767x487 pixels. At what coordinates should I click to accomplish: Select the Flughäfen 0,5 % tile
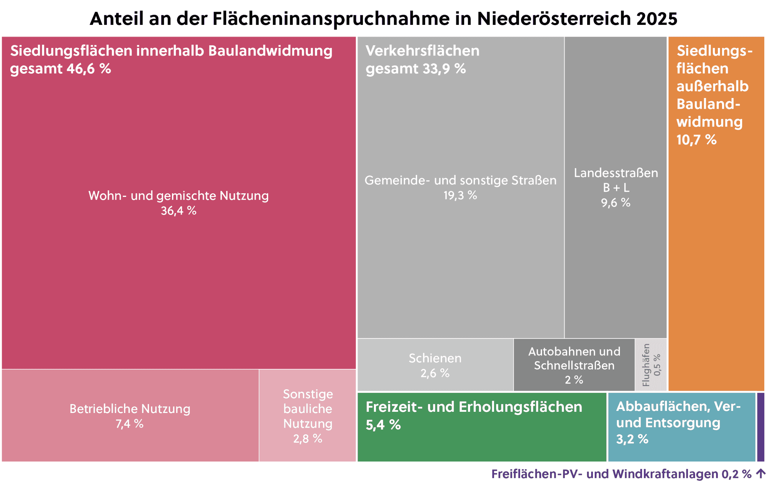pyautogui.click(x=650, y=365)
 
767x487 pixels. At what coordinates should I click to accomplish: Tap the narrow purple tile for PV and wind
pyautogui.click(x=760, y=427)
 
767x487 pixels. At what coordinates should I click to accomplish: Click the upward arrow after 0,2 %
pyautogui.click(x=761, y=474)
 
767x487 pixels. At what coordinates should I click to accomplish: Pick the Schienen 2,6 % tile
pyautogui.click(x=435, y=365)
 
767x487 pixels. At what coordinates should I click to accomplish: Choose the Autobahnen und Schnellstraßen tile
pyautogui.click(x=574, y=365)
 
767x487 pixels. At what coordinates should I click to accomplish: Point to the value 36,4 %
pyautogui.click(x=178, y=211)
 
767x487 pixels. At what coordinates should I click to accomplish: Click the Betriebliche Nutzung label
pyautogui.click(x=130, y=409)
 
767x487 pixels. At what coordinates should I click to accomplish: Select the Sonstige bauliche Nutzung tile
pyautogui.click(x=307, y=416)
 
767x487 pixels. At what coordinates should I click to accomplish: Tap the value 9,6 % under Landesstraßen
pyautogui.click(x=615, y=203)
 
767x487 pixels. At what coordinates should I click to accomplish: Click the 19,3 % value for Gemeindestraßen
pyautogui.click(x=460, y=195)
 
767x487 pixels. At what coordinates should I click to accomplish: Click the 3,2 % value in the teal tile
pyautogui.click(x=632, y=439)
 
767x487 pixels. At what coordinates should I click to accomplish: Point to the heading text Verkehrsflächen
pyautogui.click(x=422, y=51)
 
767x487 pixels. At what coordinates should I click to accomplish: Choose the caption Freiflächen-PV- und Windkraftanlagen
pyautogui.click(x=604, y=474)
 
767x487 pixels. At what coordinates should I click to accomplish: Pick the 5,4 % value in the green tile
pyautogui.click(x=383, y=425)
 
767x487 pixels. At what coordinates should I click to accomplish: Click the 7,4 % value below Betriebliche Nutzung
pyautogui.click(x=129, y=424)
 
